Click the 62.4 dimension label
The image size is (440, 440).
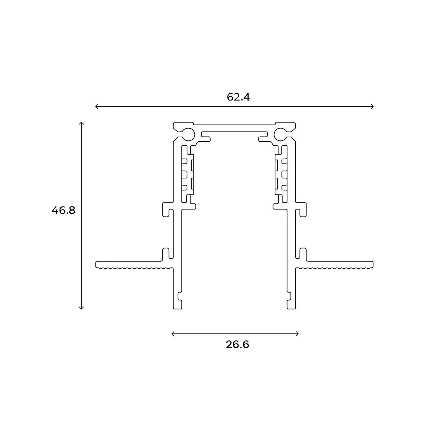coord(238,97)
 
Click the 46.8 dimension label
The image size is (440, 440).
coord(63,210)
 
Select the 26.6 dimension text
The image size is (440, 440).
coord(237,344)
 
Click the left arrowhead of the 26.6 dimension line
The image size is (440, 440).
coord(172,334)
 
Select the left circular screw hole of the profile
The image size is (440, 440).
coord(188,134)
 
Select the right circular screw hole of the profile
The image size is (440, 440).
coord(281,134)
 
